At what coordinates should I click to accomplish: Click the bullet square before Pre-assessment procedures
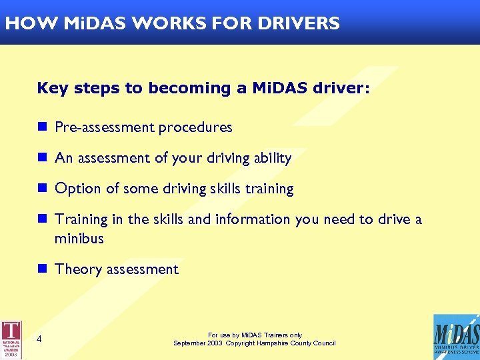pyautogui.click(x=42, y=127)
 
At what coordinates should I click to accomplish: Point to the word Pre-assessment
pyautogui.click(x=104, y=127)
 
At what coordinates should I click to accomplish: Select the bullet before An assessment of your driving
pyautogui.click(x=42, y=157)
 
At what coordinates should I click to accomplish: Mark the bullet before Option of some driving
pyautogui.click(x=42, y=188)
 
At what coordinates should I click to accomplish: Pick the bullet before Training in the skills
pyautogui.click(x=42, y=219)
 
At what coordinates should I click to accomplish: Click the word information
pyautogui.click(x=251, y=219)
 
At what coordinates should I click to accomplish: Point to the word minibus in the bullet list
pyautogui.click(x=79, y=238)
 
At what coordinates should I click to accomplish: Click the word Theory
pyautogui.click(x=76, y=270)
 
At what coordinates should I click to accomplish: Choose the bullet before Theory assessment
pyautogui.click(x=42, y=269)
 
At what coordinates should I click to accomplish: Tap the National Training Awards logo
pyautogui.click(x=11, y=339)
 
